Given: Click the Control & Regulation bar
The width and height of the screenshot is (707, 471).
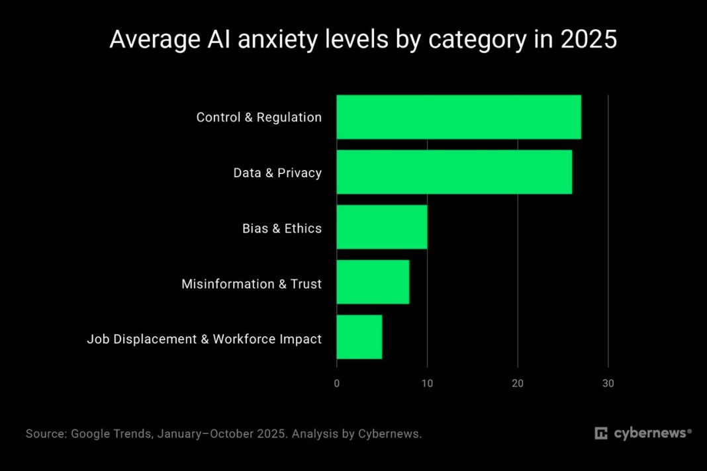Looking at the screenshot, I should [x=458, y=117].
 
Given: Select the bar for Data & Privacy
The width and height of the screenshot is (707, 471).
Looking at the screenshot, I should [x=453, y=173].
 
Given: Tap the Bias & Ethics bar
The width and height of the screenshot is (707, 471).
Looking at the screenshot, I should [x=381, y=228].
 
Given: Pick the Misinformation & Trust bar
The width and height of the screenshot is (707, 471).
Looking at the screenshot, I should [x=373, y=282].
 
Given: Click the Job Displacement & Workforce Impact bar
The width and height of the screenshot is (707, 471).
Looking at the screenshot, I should [x=359, y=337].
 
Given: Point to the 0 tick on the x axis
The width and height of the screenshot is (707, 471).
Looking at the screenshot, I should [x=336, y=383].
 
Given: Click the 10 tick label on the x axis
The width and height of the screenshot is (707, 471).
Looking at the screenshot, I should [x=427, y=383].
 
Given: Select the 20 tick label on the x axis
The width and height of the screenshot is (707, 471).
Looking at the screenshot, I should [x=518, y=383].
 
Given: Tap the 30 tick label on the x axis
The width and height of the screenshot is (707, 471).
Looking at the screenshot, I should [x=608, y=383].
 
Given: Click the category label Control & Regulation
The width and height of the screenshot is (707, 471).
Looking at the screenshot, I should [x=259, y=118].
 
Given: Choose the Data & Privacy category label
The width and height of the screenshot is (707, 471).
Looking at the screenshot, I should [x=277, y=173].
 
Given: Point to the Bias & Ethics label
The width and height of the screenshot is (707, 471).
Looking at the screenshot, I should [x=281, y=229].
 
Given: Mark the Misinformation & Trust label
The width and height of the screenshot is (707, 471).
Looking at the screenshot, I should [x=252, y=284].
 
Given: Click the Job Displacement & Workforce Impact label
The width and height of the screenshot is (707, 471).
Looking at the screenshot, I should [x=204, y=339].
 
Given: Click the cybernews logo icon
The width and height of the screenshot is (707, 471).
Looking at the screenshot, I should [x=601, y=434].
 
